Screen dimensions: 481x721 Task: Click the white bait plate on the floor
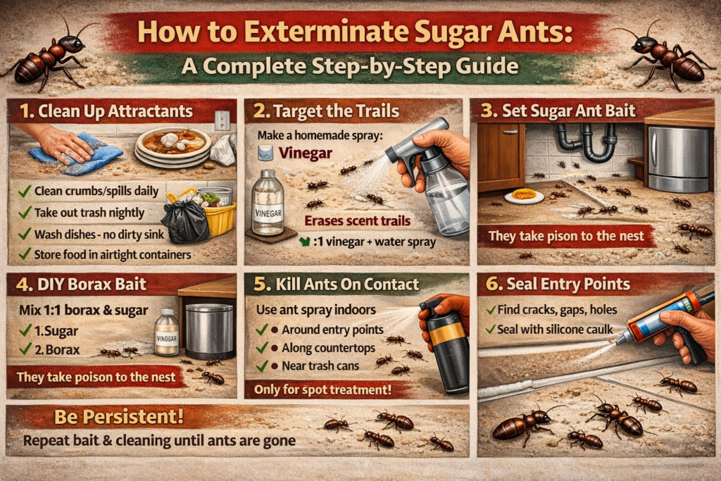[524, 196]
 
